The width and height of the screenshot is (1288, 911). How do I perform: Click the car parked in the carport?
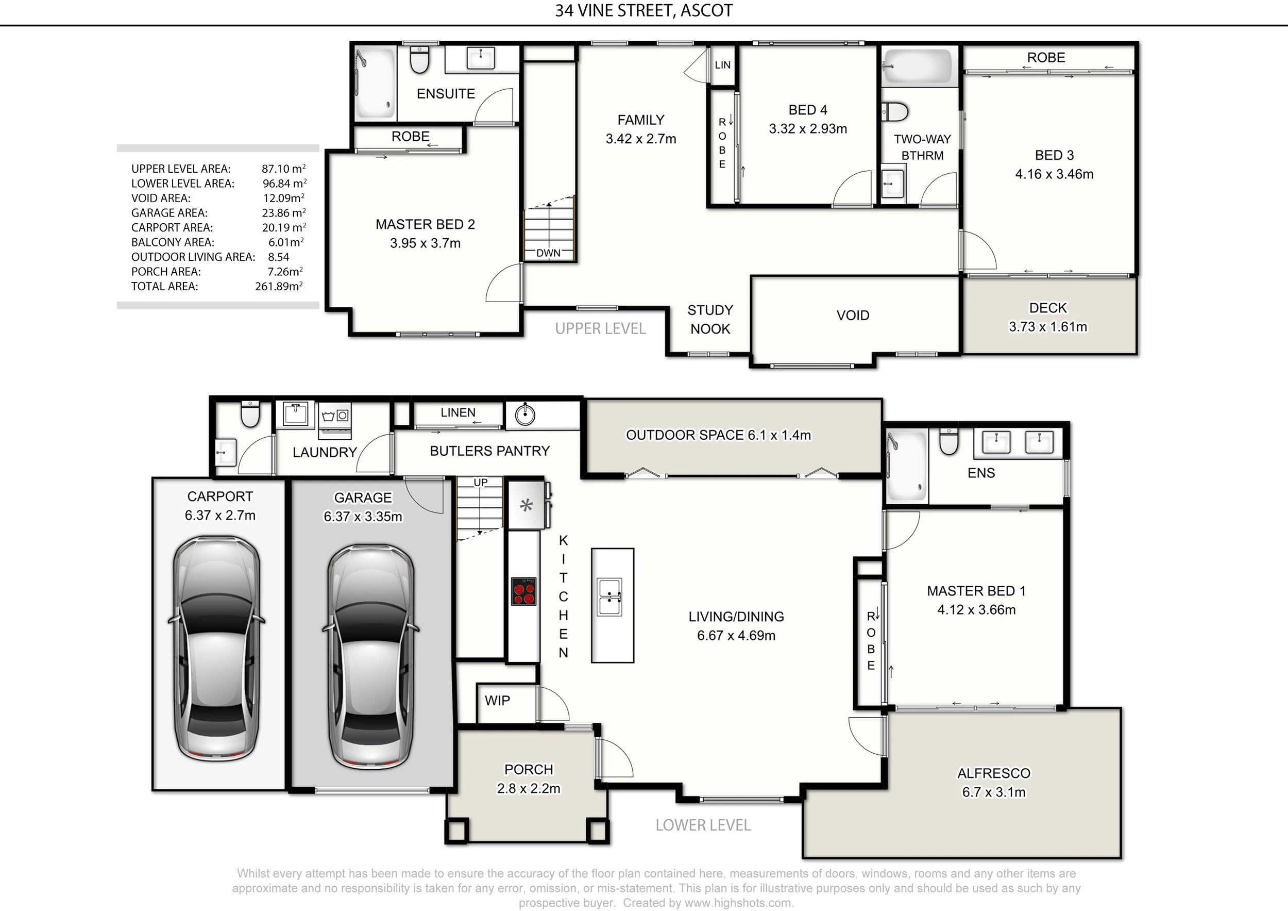point(216,648)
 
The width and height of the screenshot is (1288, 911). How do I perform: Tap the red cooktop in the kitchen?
point(523,591)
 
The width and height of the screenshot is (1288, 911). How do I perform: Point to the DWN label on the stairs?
point(548,253)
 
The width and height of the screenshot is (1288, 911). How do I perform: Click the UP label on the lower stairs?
point(480,482)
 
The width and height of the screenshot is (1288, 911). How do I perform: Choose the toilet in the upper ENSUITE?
point(419,59)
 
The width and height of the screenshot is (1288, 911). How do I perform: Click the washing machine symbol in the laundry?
point(335,416)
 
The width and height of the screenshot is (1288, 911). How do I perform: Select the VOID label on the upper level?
point(853,315)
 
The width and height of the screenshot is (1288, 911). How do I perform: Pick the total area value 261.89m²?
point(279,286)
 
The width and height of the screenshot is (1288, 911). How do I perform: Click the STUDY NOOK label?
point(710,319)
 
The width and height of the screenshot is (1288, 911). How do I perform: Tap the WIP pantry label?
point(497,700)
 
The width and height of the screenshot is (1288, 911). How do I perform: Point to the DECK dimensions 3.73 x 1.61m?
point(1048,327)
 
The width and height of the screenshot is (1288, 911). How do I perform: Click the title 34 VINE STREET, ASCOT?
point(643,11)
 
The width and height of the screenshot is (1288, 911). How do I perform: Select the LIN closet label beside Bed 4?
point(722,65)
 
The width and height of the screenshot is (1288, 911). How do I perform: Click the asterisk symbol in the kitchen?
point(526,506)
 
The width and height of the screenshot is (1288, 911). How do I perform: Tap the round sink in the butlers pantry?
point(525,415)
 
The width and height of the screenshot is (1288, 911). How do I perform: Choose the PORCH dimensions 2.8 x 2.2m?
point(529,788)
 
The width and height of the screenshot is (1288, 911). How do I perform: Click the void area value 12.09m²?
point(284,197)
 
